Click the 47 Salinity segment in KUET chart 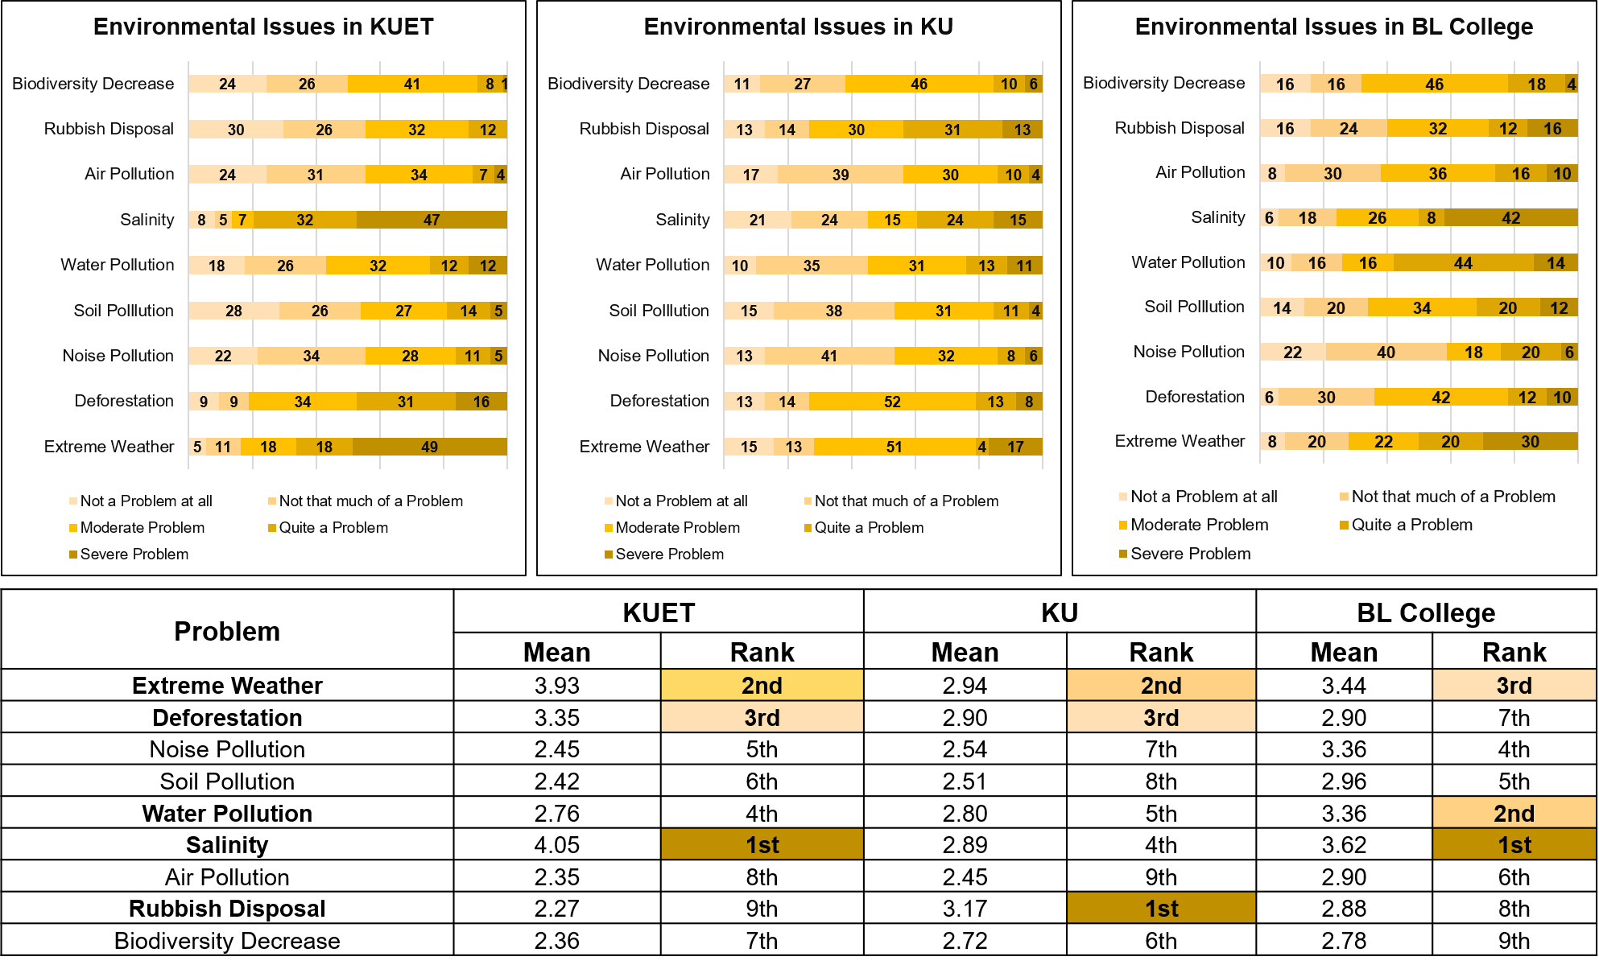click(432, 220)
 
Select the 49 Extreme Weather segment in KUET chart click(429, 447)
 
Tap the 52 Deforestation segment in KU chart click(891, 402)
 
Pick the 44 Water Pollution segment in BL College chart click(1463, 263)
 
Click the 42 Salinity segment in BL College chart click(1510, 218)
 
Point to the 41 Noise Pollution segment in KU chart click(828, 356)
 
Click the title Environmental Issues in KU click(798, 27)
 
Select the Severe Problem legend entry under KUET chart click(134, 554)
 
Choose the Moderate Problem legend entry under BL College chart click(1199, 525)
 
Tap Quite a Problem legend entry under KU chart click(869, 527)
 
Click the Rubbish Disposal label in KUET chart click(109, 129)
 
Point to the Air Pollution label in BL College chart click(1200, 172)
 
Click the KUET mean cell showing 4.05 click(556, 845)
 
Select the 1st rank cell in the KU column click(1160, 909)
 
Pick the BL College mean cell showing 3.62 click(1343, 845)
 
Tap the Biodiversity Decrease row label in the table click(227, 941)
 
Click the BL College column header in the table click(1425, 613)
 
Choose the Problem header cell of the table click(227, 631)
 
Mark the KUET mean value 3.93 click(556, 686)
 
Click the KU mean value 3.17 click(964, 909)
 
